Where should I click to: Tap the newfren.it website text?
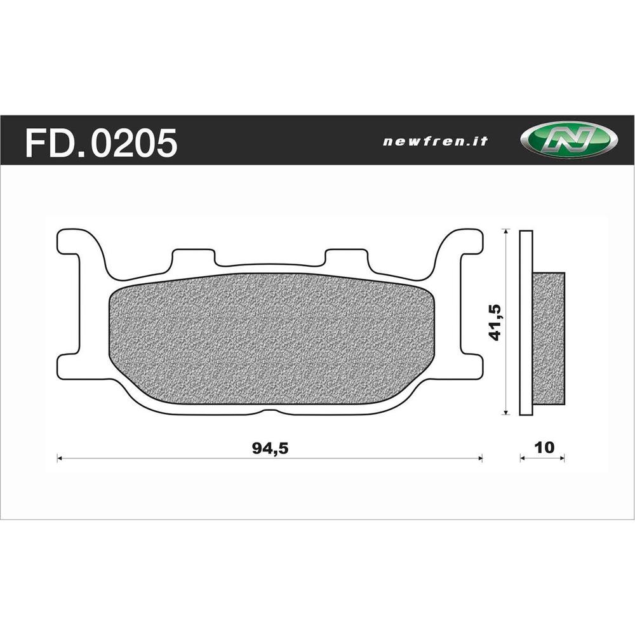pyautogui.click(x=436, y=142)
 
